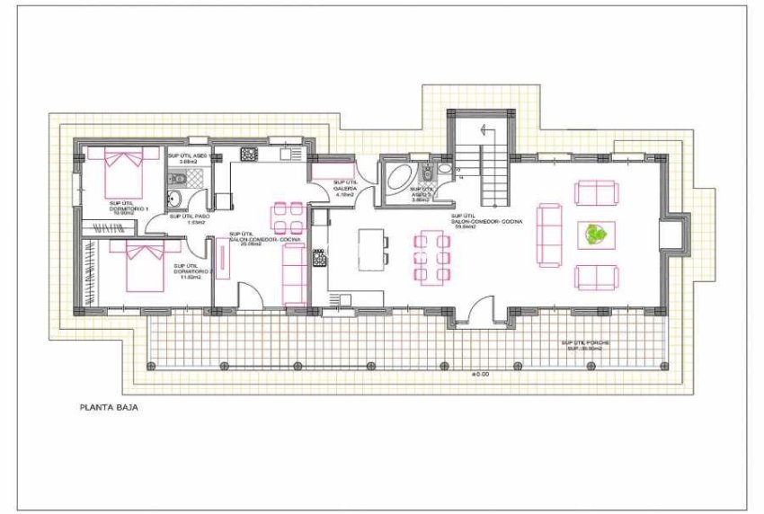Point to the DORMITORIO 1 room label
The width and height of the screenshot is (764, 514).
click(129, 211)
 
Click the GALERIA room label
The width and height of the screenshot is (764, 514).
click(343, 190)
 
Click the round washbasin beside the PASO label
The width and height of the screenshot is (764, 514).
click(176, 202)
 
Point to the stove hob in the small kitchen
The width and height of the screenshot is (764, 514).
click(248, 155)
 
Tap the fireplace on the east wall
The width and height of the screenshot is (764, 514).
click(669, 234)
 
